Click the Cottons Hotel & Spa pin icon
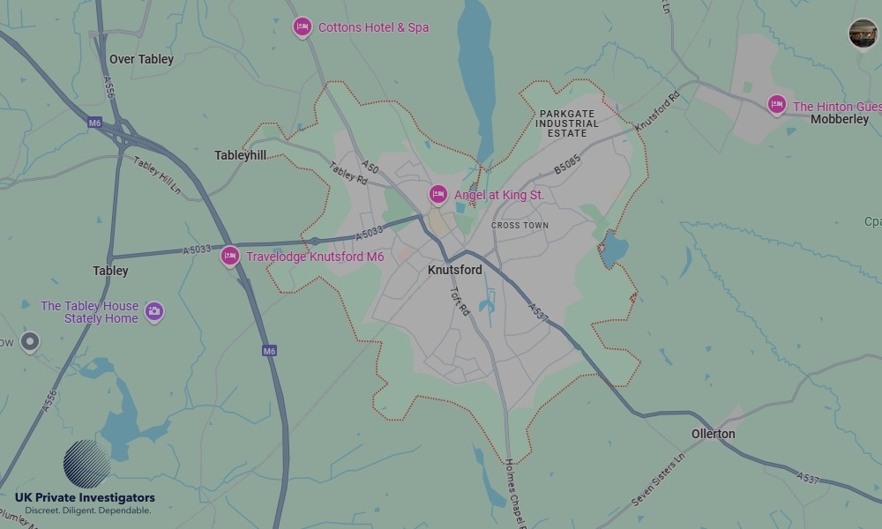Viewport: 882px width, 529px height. coord(303,27)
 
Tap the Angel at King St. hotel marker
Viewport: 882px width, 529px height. coord(438,194)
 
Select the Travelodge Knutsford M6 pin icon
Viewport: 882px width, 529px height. coord(230,257)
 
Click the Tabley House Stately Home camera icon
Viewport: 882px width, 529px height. coord(154,311)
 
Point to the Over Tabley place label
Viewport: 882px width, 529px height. coord(141,59)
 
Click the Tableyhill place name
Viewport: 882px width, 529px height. coord(240,155)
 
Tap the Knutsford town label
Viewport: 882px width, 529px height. coord(454,270)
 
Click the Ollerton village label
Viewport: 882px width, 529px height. coord(713,434)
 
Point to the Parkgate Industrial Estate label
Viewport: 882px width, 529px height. coord(567,123)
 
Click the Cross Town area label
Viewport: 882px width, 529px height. coord(519,226)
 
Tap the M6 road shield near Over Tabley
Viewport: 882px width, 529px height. coord(95,123)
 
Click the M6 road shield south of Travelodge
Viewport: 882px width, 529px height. coord(270,351)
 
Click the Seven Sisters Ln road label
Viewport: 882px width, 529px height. coord(658,481)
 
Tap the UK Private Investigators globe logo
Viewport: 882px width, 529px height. coord(87,464)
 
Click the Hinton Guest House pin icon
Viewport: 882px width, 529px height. coord(776,105)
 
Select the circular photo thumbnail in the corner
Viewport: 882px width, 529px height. coord(863,34)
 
